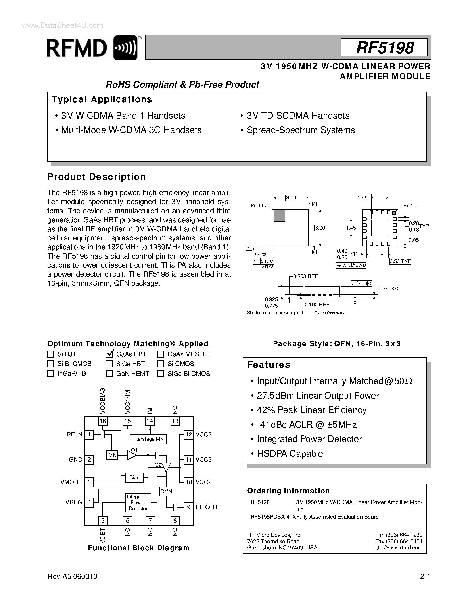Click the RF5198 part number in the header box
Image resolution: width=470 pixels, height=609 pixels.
(385, 48)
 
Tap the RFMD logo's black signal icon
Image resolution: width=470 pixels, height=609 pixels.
(126, 48)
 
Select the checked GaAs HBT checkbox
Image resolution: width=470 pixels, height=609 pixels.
(109, 354)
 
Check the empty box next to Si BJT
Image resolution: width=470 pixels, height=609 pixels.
(50, 354)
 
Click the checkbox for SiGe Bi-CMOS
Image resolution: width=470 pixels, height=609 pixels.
(160, 374)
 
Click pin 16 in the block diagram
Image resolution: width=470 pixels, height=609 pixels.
(103, 421)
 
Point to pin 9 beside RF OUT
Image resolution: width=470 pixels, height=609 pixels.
(188, 507)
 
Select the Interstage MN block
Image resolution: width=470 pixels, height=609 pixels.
(148, 439)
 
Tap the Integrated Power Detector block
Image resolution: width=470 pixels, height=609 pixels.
(138, 502)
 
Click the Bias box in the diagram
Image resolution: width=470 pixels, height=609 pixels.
(134, 478)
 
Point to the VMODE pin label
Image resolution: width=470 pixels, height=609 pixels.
(71, 482)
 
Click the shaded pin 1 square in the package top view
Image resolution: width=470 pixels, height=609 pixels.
(279, 216)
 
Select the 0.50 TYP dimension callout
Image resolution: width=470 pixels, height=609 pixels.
(400, 261)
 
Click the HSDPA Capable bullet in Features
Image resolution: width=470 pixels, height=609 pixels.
(290, 454)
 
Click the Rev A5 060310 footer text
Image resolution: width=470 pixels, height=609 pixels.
(72, 576)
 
